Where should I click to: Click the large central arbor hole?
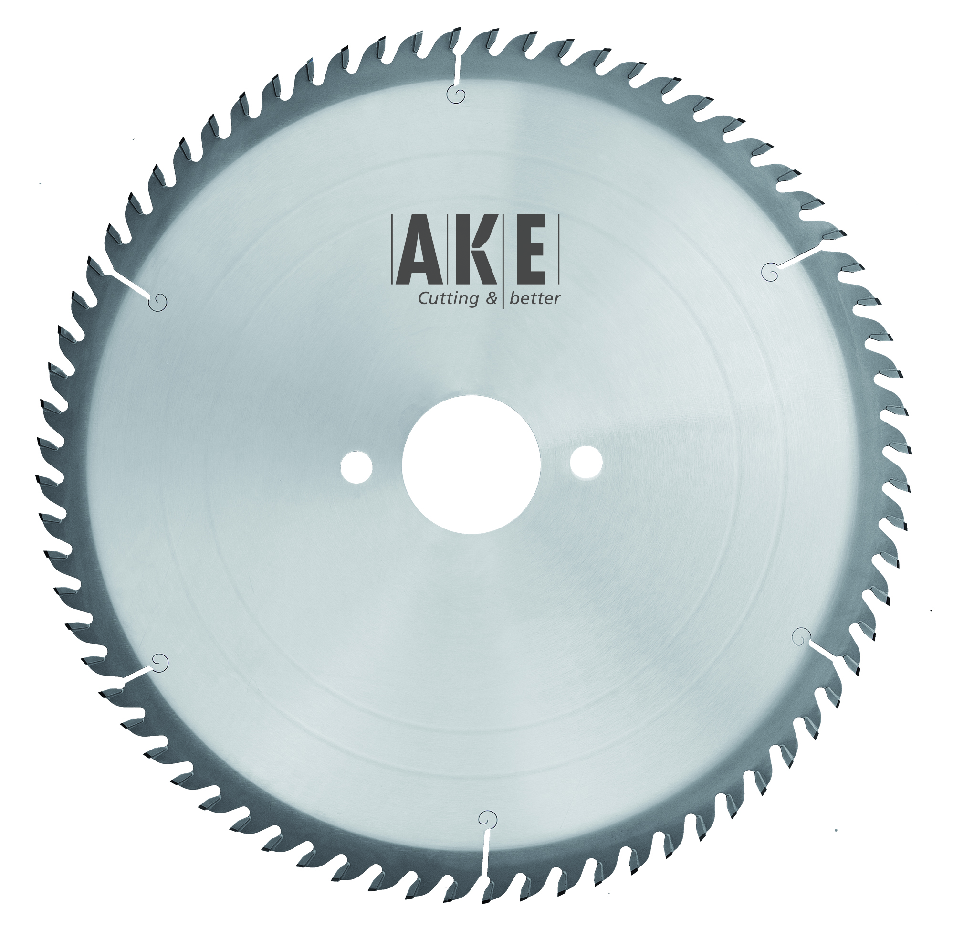471,465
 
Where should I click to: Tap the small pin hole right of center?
586,462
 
